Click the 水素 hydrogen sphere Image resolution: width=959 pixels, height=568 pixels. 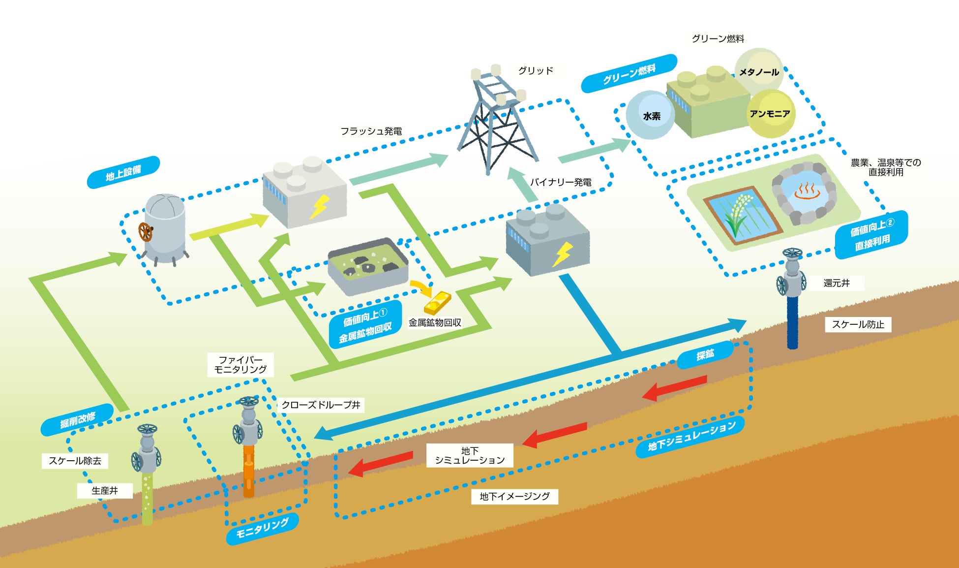pyautogui.click(x=651, y=115)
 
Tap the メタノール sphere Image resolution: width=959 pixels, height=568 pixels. pyautogui.click(x=759, y=71)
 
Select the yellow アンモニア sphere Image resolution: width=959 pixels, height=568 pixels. pyautogui.click(x=770, y=114)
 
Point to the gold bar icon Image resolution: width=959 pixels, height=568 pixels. pyautogui.click(x=438, y=302)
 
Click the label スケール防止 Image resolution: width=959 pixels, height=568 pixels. pyautogui.click(x=858, y=324)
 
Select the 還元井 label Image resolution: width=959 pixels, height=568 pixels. pyautogui.click(x=837, y=283)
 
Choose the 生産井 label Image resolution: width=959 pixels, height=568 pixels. pyautogui.click(x=105, y=491)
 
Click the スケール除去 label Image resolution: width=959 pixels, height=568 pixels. pyautogui.click(x=75, y=461)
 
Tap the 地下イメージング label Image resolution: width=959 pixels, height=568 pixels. pyautogui.click(x=514, y=496)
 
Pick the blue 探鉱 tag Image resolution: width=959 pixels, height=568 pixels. pyautogui.click(x=705, y=354)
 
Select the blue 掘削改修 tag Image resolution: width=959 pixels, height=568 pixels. pyautogui.click(x=77, y=420)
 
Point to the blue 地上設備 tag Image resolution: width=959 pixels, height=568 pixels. pyautogui.click(x=123, y=172)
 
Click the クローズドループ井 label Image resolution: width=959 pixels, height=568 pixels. pyautogui.click(x=321, y=405)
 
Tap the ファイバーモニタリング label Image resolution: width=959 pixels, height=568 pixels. pyautogui.click(x=240, y=365)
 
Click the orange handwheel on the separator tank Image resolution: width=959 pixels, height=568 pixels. pyautogui.click(x=145, y=232)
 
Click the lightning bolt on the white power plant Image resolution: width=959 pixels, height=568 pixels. pyautogui.click(x=319, y=207)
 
